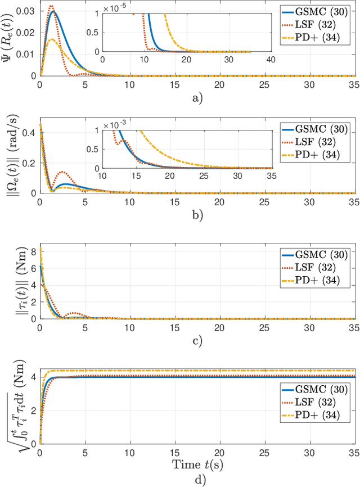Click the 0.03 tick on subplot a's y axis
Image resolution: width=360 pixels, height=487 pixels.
(x=26, y=11)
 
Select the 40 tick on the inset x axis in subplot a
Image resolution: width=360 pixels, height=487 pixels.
(x=269, y=59)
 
